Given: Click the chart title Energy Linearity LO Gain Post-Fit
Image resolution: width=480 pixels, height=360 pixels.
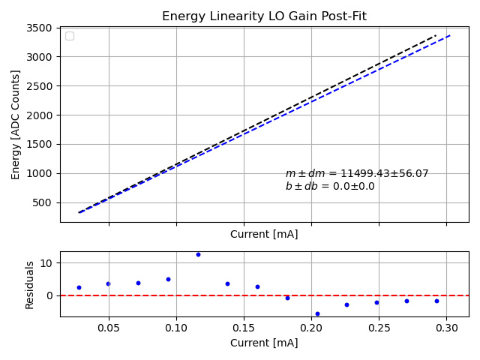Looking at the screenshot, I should click(x=264, y=16).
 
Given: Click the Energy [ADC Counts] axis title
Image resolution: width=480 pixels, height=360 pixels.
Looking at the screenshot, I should click(x=16, y=124).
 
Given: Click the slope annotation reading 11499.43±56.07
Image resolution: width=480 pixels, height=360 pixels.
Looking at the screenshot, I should click(x=357, y=174).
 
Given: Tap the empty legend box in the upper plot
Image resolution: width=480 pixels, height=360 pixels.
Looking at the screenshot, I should click(x=70, y=36).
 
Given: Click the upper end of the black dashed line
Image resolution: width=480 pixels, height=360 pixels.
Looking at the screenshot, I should click(x=436, y=34).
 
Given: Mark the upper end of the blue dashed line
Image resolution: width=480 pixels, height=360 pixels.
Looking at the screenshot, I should click(x=450, y=34).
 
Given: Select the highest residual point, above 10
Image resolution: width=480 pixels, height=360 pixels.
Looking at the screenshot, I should click(x=198, y=254).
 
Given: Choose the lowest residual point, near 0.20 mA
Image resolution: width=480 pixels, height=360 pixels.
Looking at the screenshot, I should click(x=317, y=313).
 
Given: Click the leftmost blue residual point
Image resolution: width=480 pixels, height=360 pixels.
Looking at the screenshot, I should click(x=79, y=287).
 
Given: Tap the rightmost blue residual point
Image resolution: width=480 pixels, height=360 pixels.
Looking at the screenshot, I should click(x=436, y=301).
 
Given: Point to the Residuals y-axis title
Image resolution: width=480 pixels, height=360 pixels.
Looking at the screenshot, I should click(x=30, y=284).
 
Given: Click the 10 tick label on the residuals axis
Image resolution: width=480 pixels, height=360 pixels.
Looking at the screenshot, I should click(x=47, y=263).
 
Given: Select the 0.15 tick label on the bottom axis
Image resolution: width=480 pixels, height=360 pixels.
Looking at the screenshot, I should click(x=244, y=328).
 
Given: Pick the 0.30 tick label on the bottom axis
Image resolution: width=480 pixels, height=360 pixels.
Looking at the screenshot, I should click(x=446, y=328).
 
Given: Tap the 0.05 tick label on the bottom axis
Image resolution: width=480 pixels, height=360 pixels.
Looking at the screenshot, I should click(x=109, y=328).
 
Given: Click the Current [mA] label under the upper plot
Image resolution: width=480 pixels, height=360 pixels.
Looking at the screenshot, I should click(x=264, y=234).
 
